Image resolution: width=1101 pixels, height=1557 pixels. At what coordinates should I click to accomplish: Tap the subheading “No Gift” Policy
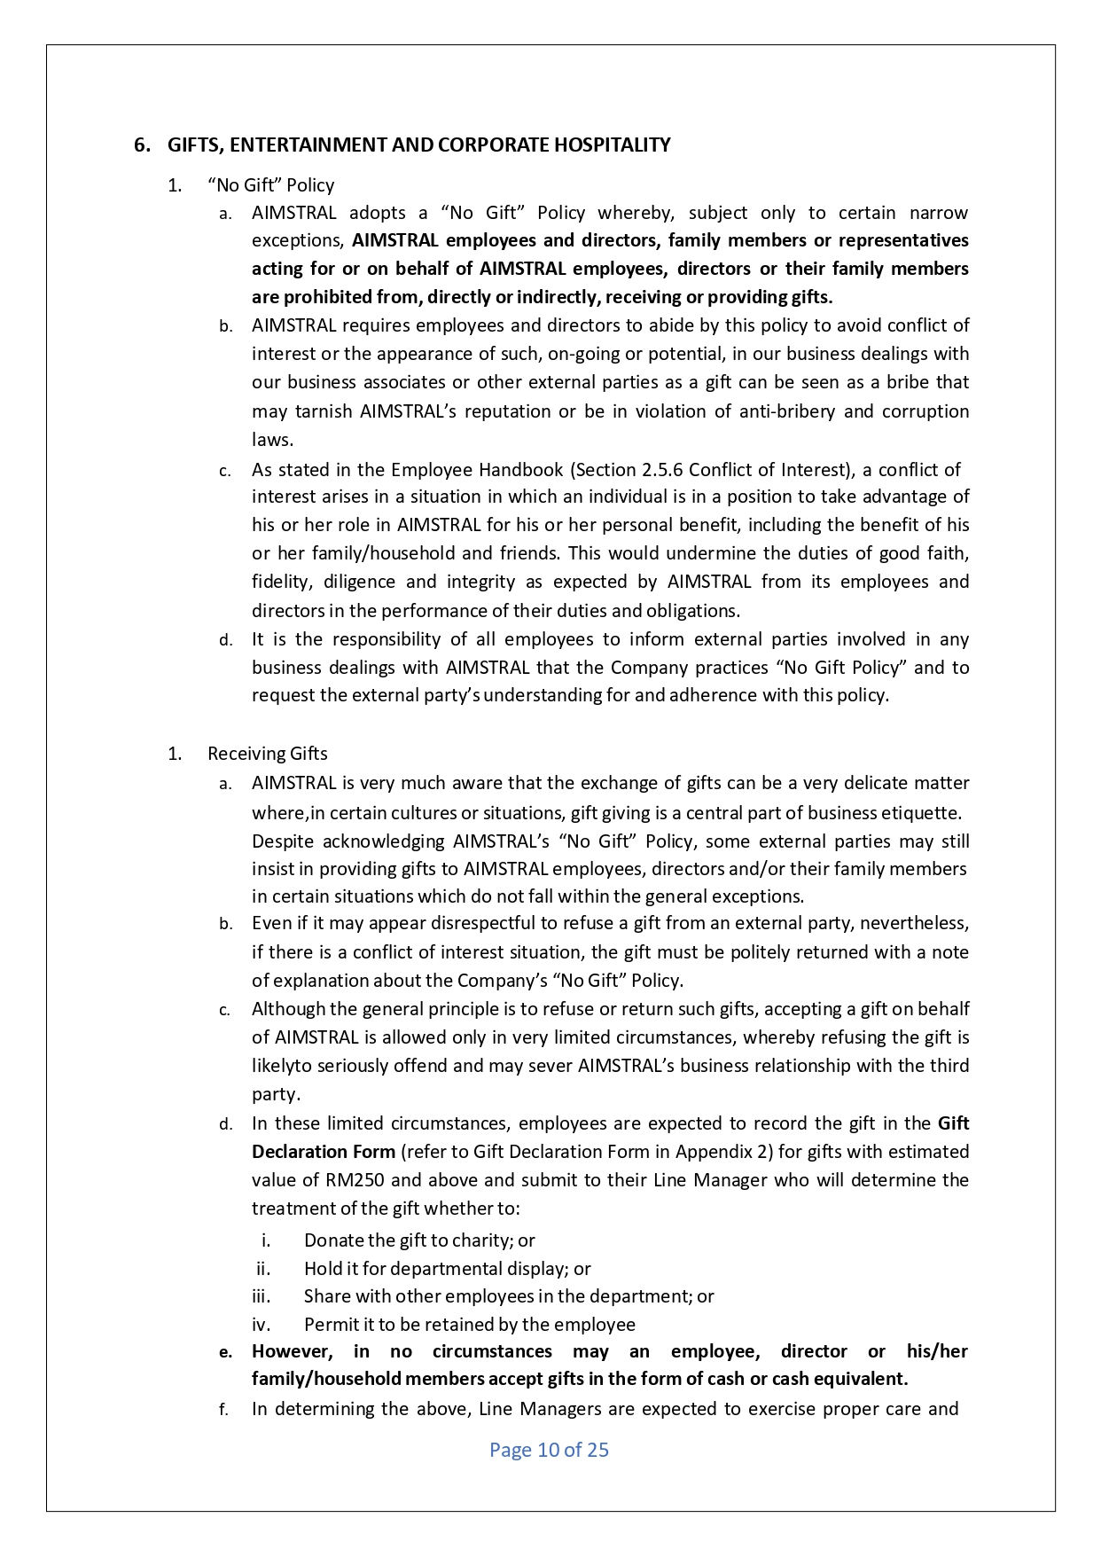270,185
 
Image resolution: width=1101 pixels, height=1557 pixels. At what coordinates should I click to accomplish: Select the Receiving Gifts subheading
267,754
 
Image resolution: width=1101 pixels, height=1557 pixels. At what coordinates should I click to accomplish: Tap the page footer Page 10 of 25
549,1450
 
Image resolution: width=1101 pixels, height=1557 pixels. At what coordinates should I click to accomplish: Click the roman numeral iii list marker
261,1296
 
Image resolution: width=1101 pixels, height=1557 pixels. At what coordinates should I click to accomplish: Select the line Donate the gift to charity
418,1240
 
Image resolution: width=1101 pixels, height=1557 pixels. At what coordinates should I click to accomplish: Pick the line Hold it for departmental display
447,1269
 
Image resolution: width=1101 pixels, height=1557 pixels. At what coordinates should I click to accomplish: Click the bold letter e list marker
225,1352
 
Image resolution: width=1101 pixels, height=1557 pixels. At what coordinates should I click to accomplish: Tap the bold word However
292,1351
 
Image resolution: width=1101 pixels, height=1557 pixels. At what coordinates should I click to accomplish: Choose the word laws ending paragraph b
271,440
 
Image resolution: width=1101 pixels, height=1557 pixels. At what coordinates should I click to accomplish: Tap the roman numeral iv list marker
261,1325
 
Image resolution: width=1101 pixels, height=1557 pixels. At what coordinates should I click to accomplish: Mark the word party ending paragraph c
275,1095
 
